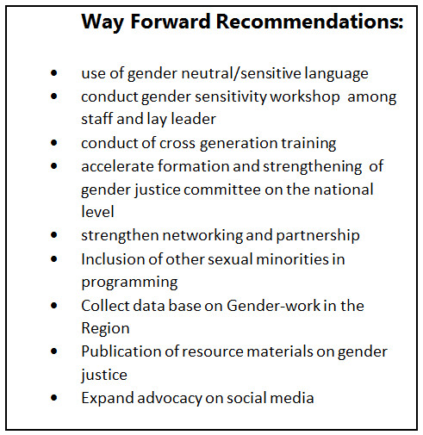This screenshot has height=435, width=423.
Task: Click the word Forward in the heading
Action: (171, 22)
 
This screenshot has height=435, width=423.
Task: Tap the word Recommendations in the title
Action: (309, 22)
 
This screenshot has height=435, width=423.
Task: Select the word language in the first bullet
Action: (336, 74)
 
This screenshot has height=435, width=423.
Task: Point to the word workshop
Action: (305, 97)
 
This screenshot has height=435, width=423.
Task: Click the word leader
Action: (194, 119)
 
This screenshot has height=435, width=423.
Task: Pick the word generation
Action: (239, 144)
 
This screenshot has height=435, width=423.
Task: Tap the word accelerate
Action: (117, 166)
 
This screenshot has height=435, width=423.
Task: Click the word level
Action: (97, 211)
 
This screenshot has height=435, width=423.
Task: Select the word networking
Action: (202, 236)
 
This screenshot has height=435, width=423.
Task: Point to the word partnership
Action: (318, 236)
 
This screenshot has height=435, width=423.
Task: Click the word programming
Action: (129, 283)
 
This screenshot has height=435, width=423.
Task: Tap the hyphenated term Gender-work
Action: (273, 306)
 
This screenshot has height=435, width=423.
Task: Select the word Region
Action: (105, 329)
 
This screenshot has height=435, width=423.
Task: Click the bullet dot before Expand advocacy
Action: (53, 398)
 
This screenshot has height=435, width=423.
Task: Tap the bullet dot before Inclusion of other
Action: (53, 259)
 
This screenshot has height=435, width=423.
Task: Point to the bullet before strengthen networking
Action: (53, 235)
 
